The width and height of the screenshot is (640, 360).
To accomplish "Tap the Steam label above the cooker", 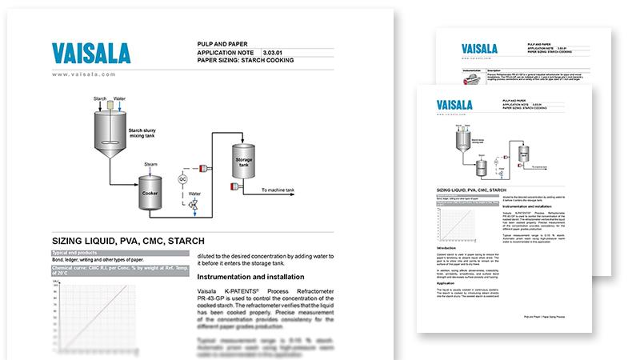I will point(150,164).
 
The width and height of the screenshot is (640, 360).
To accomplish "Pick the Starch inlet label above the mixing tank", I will point(100,98).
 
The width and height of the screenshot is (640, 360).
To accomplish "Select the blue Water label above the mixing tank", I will point(119,98).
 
